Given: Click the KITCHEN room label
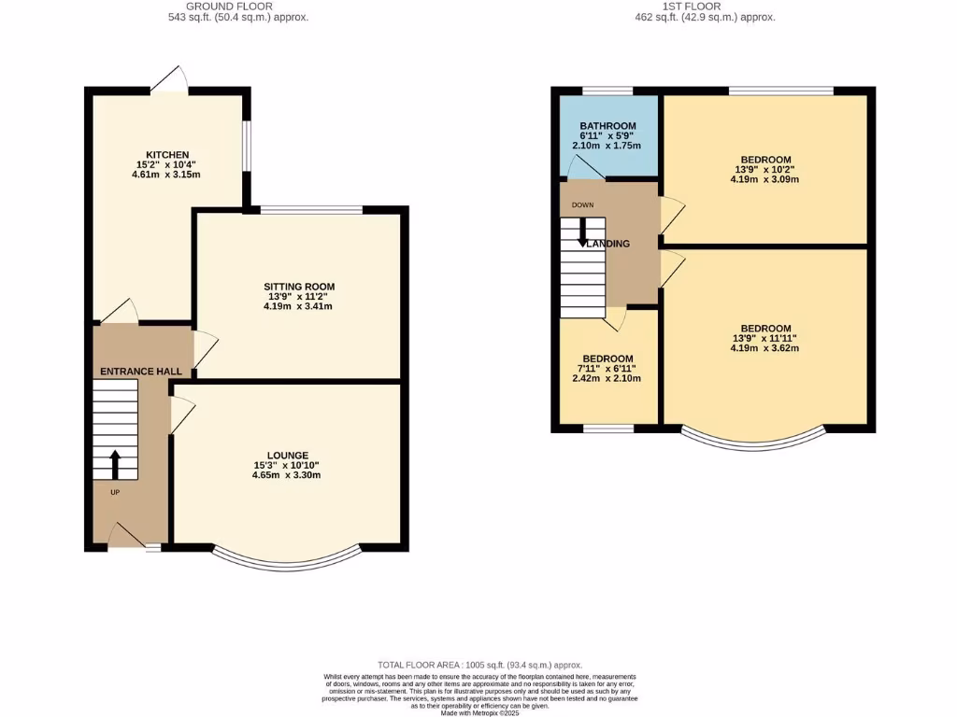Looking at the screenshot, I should click(167, 155).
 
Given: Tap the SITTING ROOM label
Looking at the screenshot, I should click(298, 287).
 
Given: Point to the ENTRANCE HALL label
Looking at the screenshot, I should click(141, 372).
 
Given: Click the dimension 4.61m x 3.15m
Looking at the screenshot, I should click(167, 174).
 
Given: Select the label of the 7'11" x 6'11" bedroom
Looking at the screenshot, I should click(607, 359).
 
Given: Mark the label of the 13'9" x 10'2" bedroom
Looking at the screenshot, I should click(765, 160).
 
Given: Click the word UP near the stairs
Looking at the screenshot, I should click(115, 493).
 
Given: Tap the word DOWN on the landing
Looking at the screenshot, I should click(582, 205).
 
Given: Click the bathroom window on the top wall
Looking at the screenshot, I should click(607, 91).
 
